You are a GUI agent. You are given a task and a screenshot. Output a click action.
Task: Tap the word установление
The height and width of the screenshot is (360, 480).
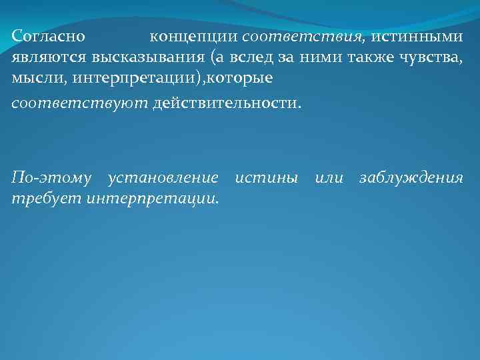click(x=163, y=178)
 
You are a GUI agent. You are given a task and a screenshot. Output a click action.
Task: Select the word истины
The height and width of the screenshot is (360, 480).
click(x=266, y=178)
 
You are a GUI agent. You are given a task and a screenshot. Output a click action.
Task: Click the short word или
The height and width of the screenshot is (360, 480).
click(x=329, y=178)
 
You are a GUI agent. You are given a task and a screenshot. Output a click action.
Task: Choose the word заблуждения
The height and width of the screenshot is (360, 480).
click(x=411, y=178)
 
